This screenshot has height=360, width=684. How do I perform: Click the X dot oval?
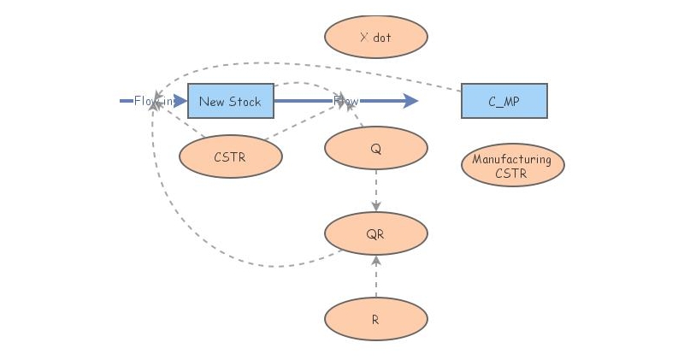point(375,38)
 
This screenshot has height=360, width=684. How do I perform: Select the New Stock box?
point(230,101)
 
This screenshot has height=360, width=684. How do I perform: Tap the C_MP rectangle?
point(504,101)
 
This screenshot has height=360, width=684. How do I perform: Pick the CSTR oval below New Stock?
point(230,156)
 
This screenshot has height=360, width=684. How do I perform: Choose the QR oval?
point(375,233)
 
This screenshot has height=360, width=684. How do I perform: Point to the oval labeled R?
point(375,320)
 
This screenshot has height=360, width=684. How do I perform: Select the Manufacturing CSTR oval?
point(512,166)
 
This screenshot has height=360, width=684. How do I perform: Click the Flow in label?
point(154,101)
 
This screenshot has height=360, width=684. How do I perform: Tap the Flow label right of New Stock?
point(346,101)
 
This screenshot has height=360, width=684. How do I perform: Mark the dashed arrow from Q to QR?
point(376,190)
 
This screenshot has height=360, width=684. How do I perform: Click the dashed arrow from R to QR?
point(376,278)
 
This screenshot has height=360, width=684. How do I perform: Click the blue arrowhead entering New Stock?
point(180,101)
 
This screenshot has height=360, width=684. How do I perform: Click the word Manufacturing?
point(511,160)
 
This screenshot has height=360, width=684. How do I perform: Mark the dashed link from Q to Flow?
point(357,118)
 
